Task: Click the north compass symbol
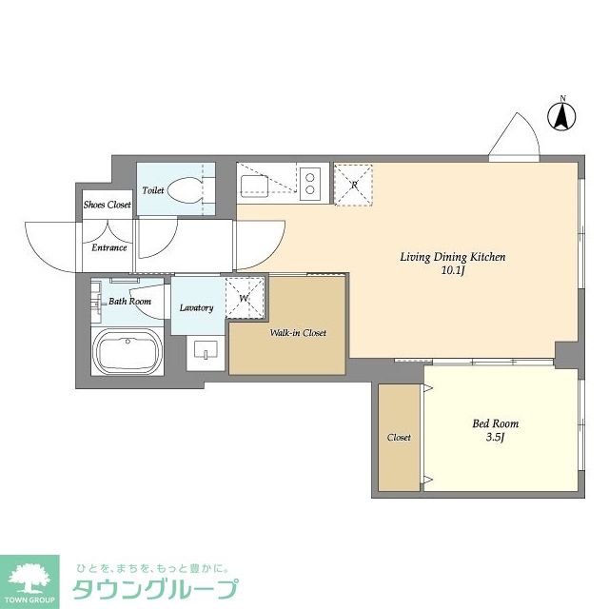pyautogui.click(x=562, y=115)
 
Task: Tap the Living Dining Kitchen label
pyautogui.click(x=452, y=257)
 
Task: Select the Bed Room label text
pyautogui.click(x=497, y=423)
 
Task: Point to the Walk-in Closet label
pyautogui.click(x=297, y=333)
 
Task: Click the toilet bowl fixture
pyautogui.click(x=187, y=189)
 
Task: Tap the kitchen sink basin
pyautogui.click(x=256, y=183)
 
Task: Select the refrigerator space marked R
pyautogui.click(x=353, y=183)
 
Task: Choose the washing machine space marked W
pyautogui.click(x=245, y=298)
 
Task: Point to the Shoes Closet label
pyautogui.click(x=107, y=205)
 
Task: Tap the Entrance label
pyautogui.click(x=109, y=247)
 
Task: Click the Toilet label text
pyautogui.click(x=153, y=190)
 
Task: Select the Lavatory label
pyautogui.click(x=196, y=307)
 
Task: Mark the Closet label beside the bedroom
pyautogui.click(x=399, y=437)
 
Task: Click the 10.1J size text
pyautogui.click(x=452, y=271)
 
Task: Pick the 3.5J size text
pyautogui.click(x=496, y=438)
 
